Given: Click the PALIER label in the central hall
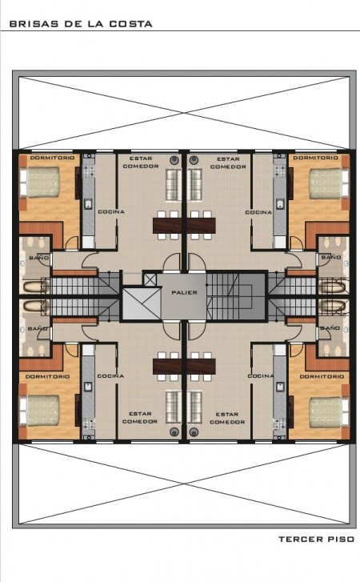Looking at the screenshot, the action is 184,292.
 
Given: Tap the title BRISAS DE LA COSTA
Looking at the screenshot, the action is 81,24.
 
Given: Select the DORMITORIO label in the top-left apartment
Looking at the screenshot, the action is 52,158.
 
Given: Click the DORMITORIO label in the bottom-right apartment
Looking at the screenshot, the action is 322,376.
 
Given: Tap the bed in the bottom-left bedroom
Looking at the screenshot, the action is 40,411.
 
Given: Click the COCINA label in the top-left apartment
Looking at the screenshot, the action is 111,211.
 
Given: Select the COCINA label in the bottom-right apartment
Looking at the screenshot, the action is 261,376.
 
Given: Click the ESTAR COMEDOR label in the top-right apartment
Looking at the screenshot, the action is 228,163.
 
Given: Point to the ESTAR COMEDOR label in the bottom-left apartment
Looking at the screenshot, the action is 140,418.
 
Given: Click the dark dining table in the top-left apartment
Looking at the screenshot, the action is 167,226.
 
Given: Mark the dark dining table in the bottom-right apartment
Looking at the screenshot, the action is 202,367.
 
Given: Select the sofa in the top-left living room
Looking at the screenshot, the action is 173,185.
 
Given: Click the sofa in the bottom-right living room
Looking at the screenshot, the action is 194,407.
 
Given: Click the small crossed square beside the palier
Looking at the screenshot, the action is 150,279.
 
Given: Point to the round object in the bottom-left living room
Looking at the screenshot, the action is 174,431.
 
